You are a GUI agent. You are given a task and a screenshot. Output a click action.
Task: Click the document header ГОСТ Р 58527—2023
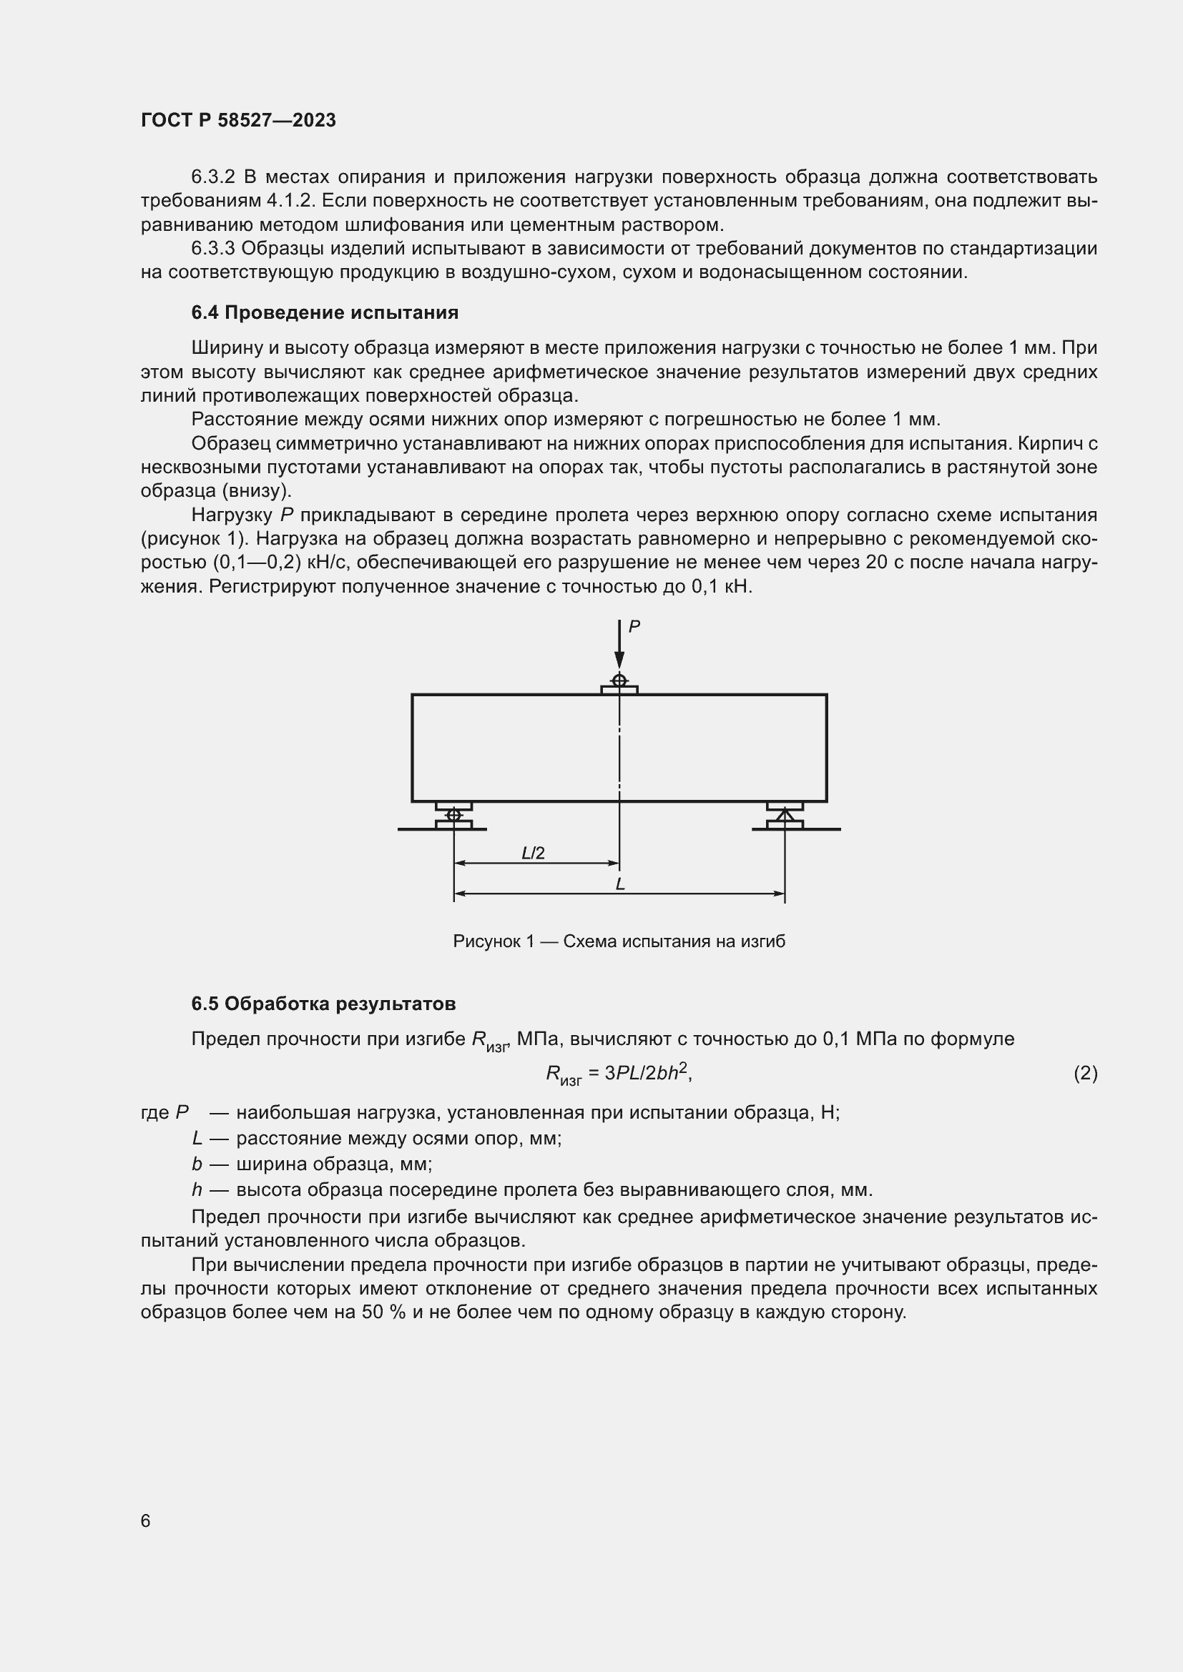pyautogui.click(x=238, y=120)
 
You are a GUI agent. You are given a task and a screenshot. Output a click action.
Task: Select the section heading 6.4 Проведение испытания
pyautogui.click(x=325, y=312)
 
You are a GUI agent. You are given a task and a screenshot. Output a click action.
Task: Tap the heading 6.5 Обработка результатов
pyautogui.click(x=323, y=1004)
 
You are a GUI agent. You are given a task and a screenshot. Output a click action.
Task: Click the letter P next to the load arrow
pyautogui.click(x=634, y=626)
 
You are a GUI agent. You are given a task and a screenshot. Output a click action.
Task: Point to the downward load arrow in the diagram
pyautogui.click(x=619, y=645)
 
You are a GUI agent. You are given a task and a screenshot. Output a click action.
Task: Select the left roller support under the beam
pyautogui.click(x=454, y=815)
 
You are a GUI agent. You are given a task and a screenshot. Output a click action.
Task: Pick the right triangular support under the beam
pyautogui.click(x=785, y=815)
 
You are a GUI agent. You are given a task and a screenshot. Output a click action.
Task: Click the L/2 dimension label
pyautogui.click(x=534, y=853)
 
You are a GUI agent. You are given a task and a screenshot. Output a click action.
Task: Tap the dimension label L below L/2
pyautogui.click(x=620, y=884)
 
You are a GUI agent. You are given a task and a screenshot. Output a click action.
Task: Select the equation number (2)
pyautogui.click(x=1085, y=1073)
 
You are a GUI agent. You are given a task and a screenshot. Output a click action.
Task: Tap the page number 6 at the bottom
pyautogui.click(x=146, y=1520)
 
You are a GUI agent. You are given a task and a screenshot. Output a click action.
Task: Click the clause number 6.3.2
pyautogui.click(x=212, y=177)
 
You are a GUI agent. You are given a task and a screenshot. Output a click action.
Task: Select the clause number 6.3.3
pyautogui.click(x=212, y=248)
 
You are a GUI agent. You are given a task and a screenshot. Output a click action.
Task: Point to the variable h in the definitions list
pyautogui.click(x=197, y=1190)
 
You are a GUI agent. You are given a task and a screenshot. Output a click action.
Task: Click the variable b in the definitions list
pyautogui.click(x=197, y=1164)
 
